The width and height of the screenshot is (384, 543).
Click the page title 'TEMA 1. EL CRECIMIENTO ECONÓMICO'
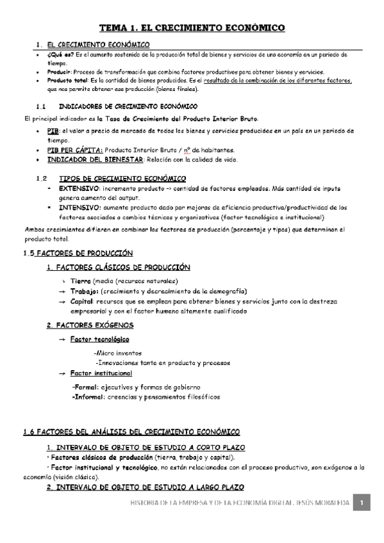(x=192, y=28)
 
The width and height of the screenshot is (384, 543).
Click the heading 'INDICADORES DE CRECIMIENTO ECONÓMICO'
(x=128, y=106)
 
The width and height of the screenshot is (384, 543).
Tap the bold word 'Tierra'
(x=81, y=281)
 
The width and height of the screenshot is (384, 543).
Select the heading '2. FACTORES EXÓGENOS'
(x=90, y=325)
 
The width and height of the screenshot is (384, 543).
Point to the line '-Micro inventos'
(x=117, y=353)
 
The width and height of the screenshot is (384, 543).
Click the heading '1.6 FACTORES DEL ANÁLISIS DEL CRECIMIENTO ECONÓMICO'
(x=131, y=432)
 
